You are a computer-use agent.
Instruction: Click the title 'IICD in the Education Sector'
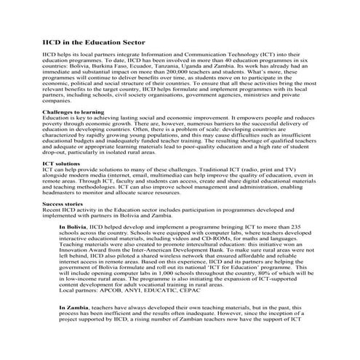[94, 44]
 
